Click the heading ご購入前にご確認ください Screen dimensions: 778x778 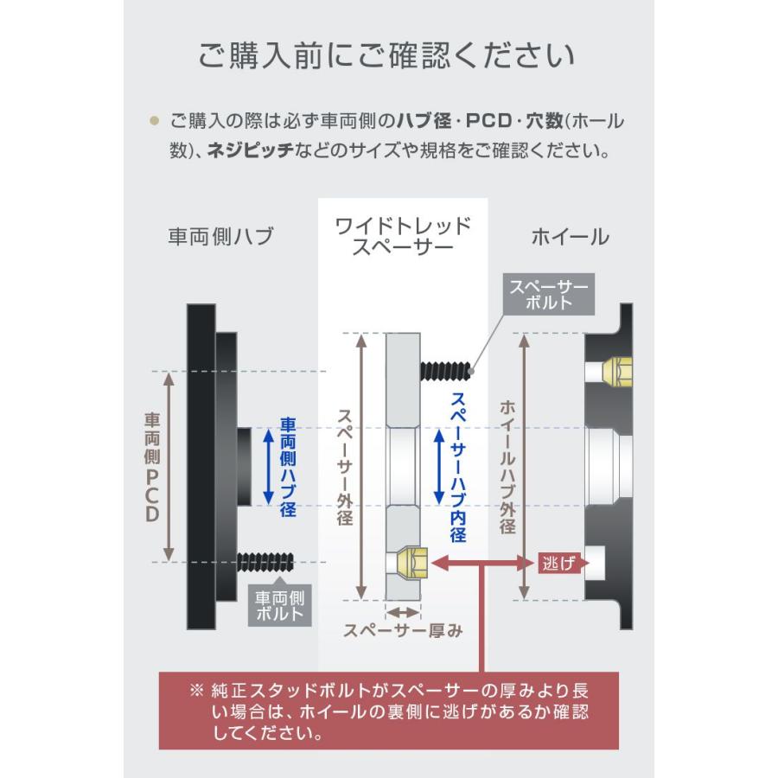click(387, 57)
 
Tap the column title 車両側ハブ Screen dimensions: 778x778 click(220, 236)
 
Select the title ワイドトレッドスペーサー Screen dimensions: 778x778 click(403, 236)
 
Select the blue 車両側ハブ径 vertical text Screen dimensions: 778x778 click(289, 467)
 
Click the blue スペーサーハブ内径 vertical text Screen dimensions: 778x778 click(458, 467)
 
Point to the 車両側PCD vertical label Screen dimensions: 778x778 click(152, 467)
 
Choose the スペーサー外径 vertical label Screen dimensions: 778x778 click(344, 467)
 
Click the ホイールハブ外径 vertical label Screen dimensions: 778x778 click(507, 467)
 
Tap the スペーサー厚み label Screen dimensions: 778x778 click(403, 630)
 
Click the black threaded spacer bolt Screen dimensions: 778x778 click(446, 370)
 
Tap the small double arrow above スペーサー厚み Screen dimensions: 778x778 click(403, 610)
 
